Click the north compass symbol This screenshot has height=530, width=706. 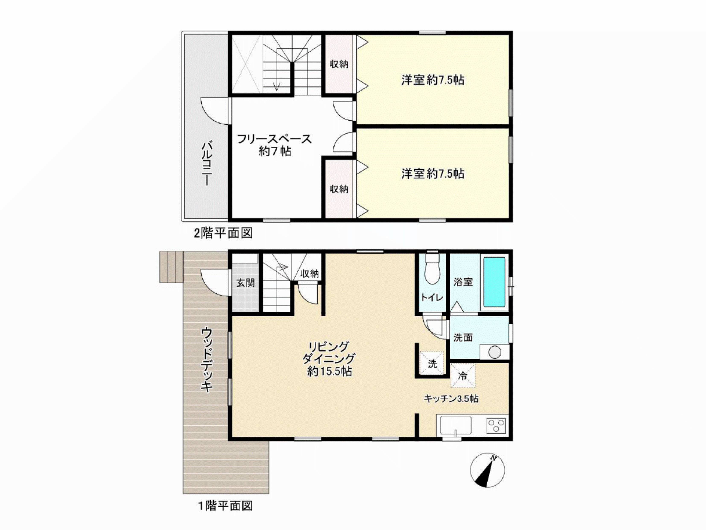click(487, 470)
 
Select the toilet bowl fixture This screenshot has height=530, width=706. click(433, 268)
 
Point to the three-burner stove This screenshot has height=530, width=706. click(496, 425)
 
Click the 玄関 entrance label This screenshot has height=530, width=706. click(246, 283)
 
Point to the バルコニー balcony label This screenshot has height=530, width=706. click(207, 163)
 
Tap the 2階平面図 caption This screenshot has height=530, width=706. click(224, 233)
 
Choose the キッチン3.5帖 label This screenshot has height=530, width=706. click(451, 399)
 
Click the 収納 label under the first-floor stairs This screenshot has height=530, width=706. click(310, 274)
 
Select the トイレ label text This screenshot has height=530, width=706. click(432, 298)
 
